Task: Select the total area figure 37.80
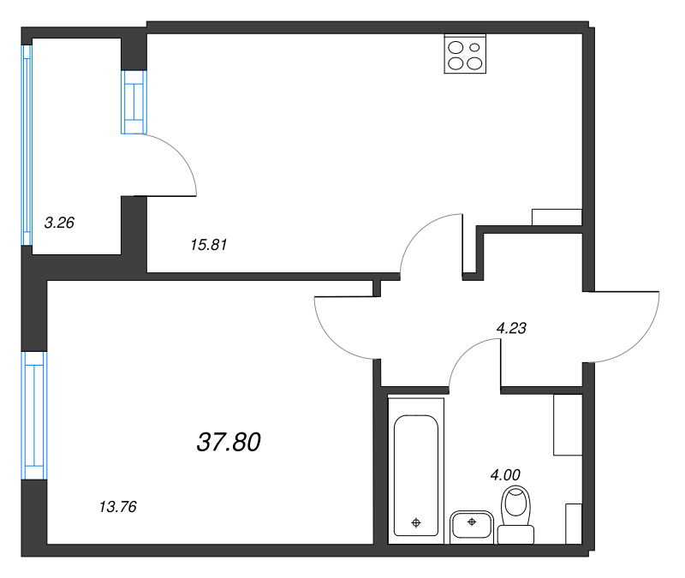[x=229, y=442]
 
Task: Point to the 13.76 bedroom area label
[x=118, y=507]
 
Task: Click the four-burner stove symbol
[x=465, y=54]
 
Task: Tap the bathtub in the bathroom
[x=416, y=475]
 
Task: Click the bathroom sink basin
[x=471, y=523]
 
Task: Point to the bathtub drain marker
[x=416, y=521]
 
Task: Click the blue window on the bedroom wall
[x=34, y=414]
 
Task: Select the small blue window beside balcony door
[x=134, y=102]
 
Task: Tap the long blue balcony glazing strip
[x=27, y=146]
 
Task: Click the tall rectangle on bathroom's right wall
[x=567, y=425]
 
